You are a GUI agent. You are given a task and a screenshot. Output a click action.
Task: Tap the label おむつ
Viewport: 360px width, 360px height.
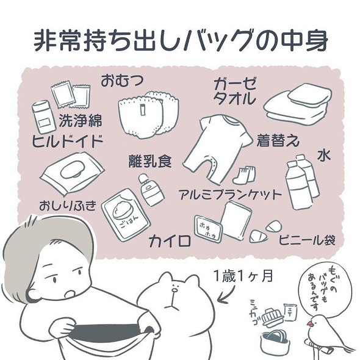tap(125, 79)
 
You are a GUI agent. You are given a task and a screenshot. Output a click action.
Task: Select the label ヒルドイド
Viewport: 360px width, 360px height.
tap(67, 142)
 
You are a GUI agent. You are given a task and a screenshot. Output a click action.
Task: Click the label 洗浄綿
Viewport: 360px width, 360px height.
tap(81, 120)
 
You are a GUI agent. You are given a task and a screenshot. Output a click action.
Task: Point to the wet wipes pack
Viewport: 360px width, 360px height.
tap(72, 173)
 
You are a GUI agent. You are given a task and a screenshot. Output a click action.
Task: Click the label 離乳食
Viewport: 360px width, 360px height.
tap(149, 162)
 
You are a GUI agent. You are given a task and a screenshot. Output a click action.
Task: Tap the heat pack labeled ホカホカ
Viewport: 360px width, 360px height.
tap(206, 227)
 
